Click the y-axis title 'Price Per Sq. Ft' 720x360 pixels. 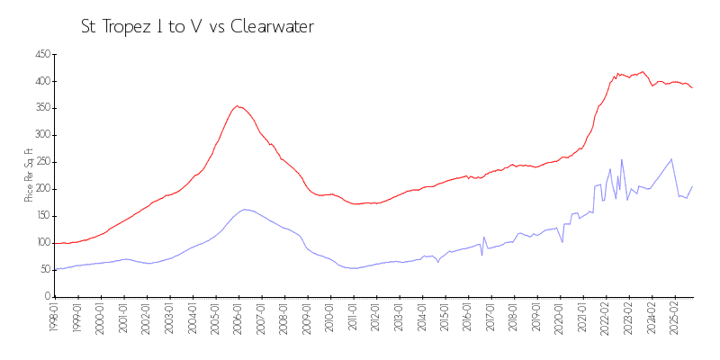[29, 175]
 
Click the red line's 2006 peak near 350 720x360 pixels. [238, 106]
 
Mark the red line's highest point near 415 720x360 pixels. [642, 72]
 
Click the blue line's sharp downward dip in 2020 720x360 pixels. [562, 242]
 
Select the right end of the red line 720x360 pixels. [692, 87]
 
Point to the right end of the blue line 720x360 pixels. [692, 187]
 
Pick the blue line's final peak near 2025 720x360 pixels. [671, 159]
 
